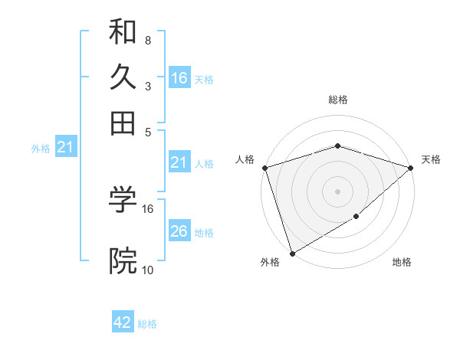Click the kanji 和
[x=123, y=32]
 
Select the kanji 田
[x=123, y=122]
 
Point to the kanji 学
[x=123, y=201]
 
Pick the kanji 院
[x=123, y=261]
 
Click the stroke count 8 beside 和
[x=147, y=40]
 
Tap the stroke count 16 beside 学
[x=148, y=208]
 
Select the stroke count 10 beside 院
[x=148, y=269]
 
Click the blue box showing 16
[x=179, y=78]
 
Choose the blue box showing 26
[x=179, y=231]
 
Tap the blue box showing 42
[x=123, y=322]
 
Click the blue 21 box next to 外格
[x=65, y=148]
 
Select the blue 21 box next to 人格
[x=179, y=162]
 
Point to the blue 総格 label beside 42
[x=147, y=324]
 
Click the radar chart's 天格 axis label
[x=431, y=159]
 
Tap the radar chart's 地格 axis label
[x=402, y=262]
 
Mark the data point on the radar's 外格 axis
[x=292, y=253]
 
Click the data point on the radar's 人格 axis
[x=264, y=168]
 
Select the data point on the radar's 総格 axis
[x=337, y=146]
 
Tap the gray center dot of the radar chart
[x=337, y=191]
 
